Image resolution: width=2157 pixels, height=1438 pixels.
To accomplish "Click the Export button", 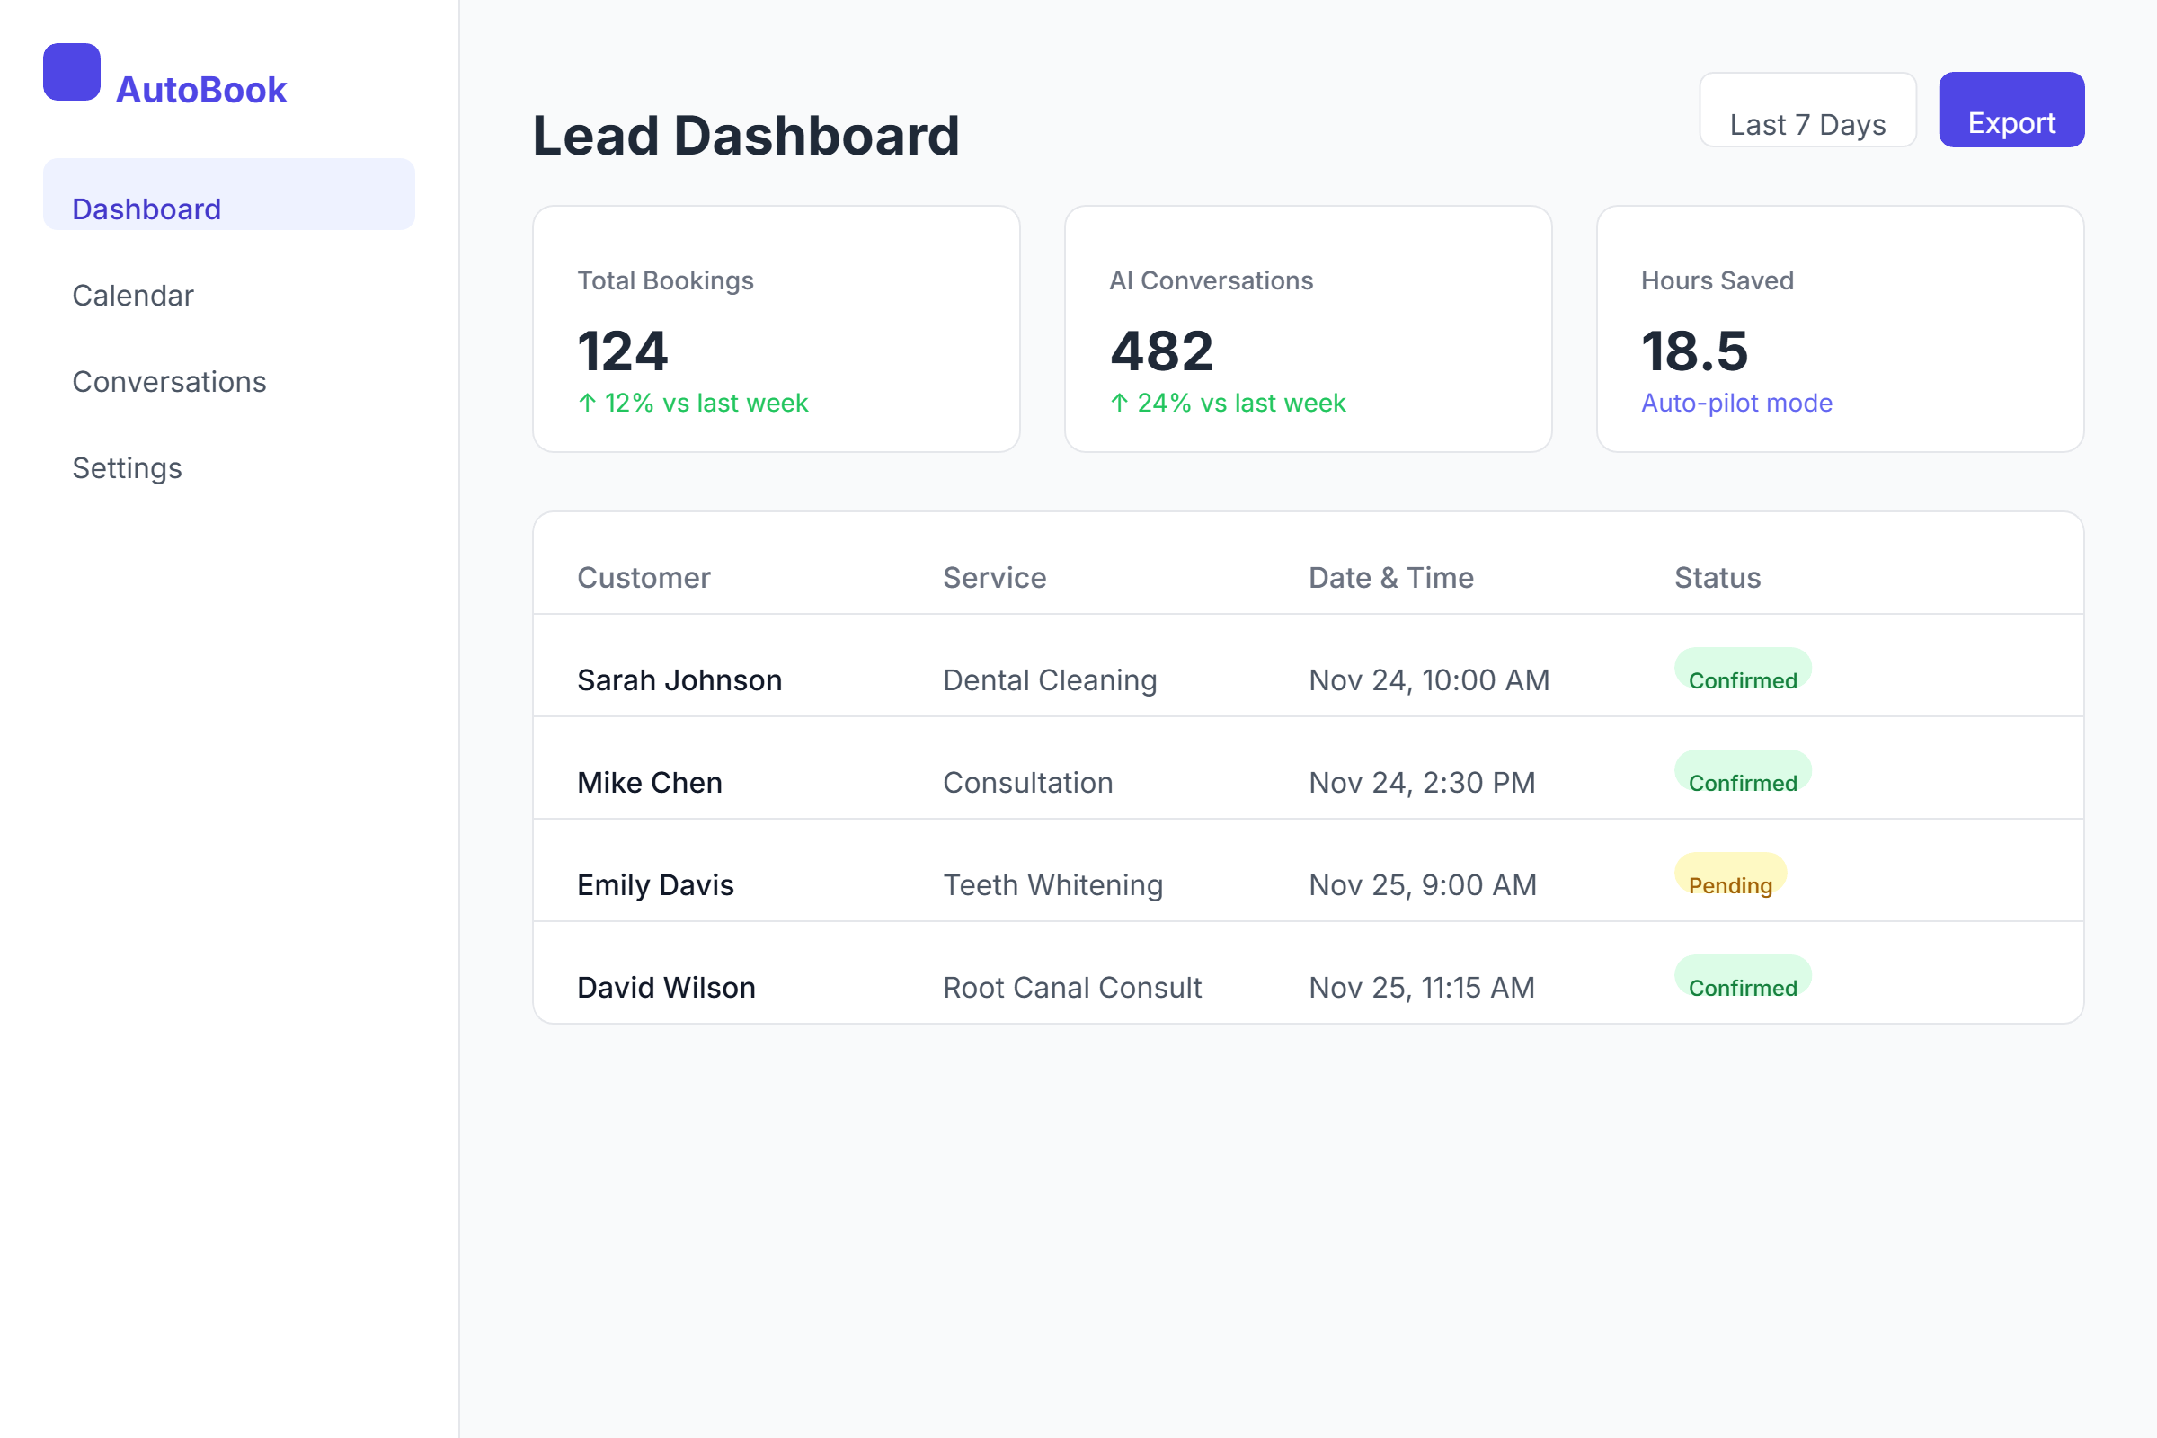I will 2011,110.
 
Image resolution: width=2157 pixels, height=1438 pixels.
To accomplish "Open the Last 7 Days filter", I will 1806,111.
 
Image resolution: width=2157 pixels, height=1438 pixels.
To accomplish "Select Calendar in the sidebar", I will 133,296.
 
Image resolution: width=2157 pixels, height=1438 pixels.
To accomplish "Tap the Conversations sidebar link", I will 169,381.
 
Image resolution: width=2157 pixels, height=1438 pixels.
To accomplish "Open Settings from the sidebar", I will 127,467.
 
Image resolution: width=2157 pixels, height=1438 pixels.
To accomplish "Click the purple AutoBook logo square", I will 72,72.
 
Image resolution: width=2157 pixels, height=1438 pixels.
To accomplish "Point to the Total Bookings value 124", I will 623,351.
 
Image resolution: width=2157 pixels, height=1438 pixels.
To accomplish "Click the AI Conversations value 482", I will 1161,351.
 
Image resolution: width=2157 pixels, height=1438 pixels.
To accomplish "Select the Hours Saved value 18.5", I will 1694,351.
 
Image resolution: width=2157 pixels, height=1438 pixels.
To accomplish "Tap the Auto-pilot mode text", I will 1736,403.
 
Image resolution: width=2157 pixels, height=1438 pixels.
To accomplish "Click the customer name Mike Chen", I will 649,782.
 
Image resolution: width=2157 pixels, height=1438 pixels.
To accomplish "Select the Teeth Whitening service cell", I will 1052,885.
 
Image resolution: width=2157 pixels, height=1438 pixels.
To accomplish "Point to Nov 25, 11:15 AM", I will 1422,988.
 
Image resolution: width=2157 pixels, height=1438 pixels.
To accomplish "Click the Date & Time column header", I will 1390,578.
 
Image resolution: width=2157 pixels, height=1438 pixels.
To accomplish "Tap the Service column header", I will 994,578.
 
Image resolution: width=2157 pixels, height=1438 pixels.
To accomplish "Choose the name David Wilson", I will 666,988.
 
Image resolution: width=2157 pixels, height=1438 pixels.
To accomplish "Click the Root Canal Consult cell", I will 1072,988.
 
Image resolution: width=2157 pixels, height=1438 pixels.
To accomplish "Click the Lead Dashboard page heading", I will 746,136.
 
